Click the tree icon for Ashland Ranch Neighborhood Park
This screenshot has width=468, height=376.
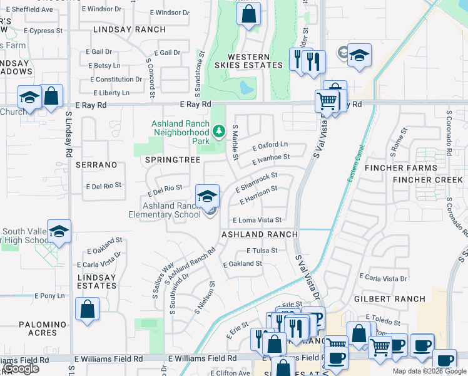click(x=218, y=132)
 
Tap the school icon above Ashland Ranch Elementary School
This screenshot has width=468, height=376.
click(x=207, y=196)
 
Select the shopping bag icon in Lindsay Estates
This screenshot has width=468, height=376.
click(x=87, y=309)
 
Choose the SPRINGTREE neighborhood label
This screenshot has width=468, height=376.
click(x=173, y=160)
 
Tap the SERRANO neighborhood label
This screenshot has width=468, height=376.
click(x=96, y=164)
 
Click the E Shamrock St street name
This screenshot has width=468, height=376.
click(x=255, y=184)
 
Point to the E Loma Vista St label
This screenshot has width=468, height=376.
click(x=257, y=220)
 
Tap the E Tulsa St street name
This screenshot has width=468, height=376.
click(x=262, y=250)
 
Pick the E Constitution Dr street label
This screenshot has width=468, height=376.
click(x=116, y=80)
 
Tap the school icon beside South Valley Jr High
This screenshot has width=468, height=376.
click(x=59, y=231)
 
